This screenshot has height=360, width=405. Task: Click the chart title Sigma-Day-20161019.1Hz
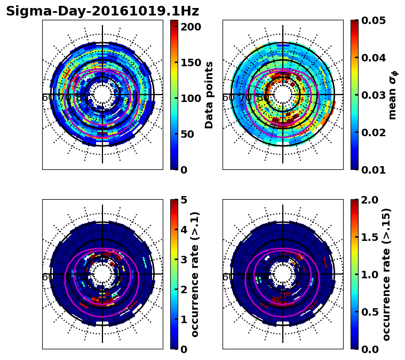[x=102, y=11]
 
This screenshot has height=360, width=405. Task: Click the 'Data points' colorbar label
[x=209, y=95]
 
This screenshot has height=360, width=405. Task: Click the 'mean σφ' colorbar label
[x=392, y=95]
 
